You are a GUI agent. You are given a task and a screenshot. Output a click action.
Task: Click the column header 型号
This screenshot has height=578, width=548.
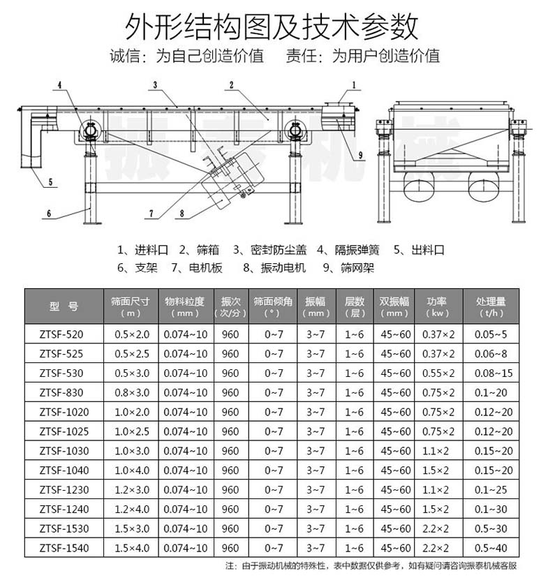(64, 306)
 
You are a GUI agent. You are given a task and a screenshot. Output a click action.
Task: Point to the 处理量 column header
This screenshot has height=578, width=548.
(491, 306)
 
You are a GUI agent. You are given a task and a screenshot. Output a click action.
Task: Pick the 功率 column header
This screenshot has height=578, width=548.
(437, 306)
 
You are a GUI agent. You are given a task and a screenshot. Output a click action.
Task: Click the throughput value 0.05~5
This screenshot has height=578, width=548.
(491, 334)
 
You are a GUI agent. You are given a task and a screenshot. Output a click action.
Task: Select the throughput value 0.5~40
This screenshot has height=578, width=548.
(491, 548)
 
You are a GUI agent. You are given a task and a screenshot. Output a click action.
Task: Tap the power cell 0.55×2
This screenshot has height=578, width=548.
(437, 373)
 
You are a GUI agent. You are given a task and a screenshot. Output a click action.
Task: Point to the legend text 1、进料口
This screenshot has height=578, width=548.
(143, 249)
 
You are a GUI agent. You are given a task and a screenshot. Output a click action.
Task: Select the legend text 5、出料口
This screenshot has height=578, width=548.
(419, 249)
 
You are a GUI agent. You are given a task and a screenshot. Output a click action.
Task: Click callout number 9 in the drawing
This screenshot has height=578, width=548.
(361, 155)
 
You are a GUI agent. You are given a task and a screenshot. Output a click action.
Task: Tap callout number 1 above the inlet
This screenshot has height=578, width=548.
(353, 85)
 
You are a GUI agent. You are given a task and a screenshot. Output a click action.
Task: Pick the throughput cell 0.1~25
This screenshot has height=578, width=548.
(491, 489)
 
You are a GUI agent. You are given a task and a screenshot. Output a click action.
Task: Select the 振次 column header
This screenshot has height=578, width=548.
(230, 306)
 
